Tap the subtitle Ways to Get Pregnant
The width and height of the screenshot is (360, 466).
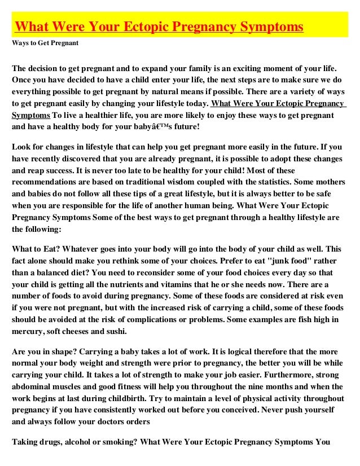click(x=45, y=43)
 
